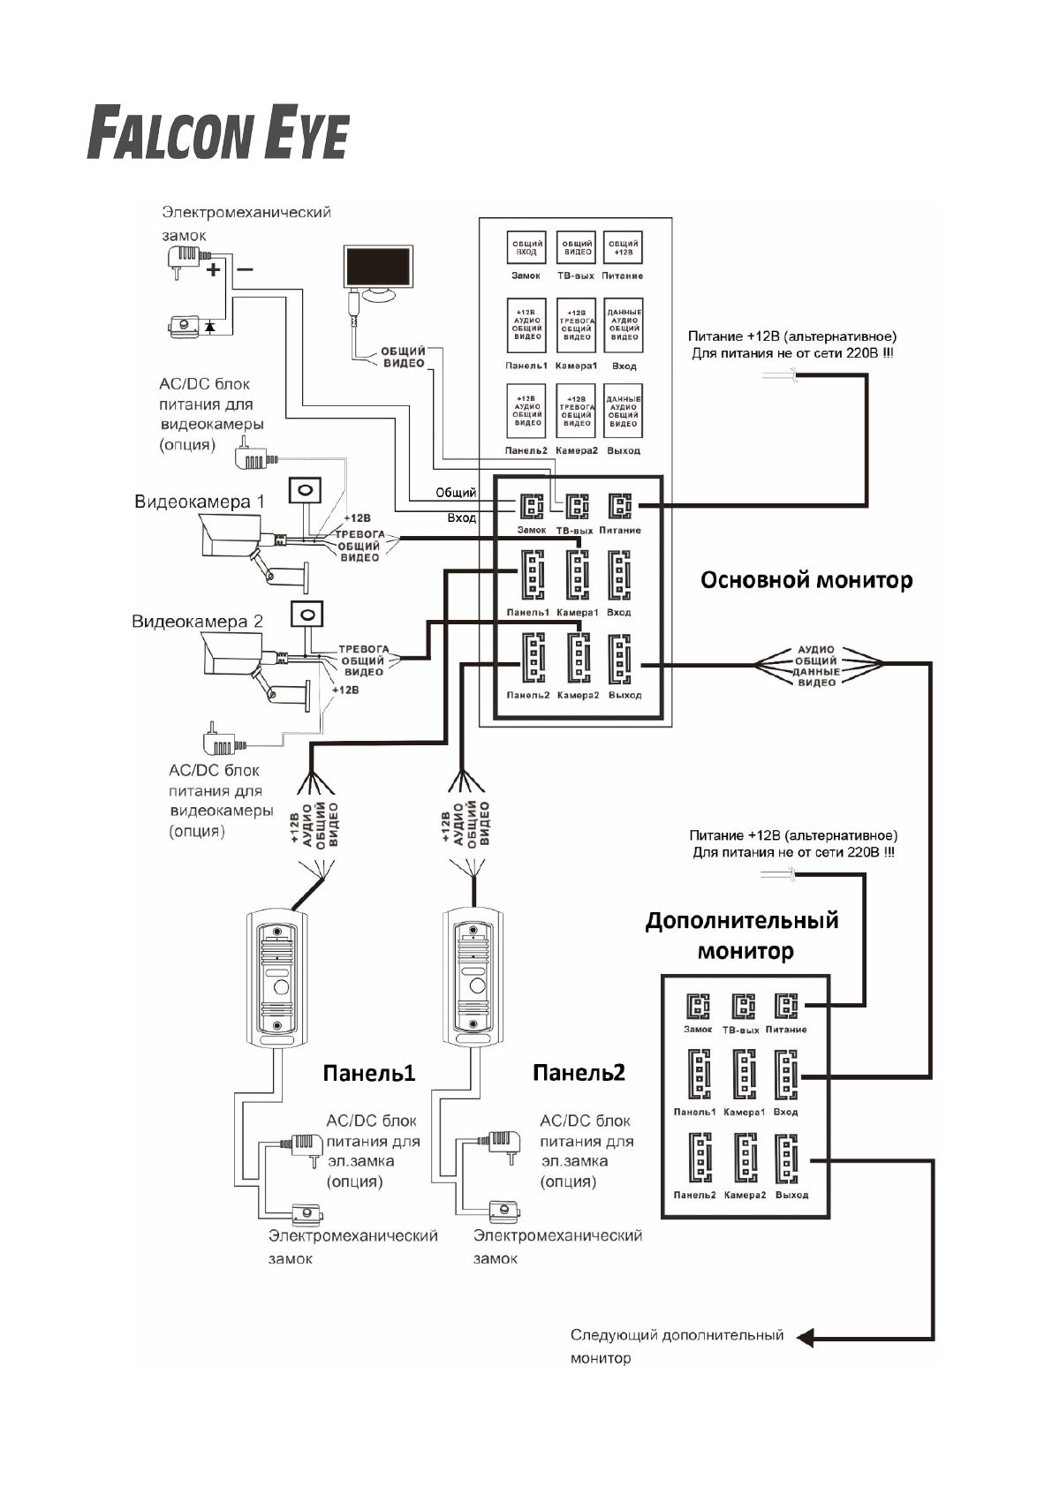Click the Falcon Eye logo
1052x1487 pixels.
click(217, 133)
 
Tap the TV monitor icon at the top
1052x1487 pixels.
click(377, 270)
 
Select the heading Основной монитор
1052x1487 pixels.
click(806, 580)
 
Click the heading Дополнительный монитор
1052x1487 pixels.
click(742, 935)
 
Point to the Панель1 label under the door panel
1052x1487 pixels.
click(368, 1073)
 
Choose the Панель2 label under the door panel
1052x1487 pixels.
click(579, 1072)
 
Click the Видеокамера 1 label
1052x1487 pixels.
click(199, 502)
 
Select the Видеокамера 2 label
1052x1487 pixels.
click(197, 622)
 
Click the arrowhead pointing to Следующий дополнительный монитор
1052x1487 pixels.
click(805, 1338)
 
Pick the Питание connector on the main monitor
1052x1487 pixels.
click(619, 506)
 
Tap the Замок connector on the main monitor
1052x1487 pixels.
click(531, 506)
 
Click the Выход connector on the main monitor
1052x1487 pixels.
click(619, 660)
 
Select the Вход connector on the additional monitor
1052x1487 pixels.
click(785, 1074)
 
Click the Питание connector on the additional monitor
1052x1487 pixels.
click(785, 1006)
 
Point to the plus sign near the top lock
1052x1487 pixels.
click(213, 269)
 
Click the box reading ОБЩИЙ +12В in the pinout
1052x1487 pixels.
click(623, 248)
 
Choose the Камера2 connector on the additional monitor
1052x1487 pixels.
click(745, 1159)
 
